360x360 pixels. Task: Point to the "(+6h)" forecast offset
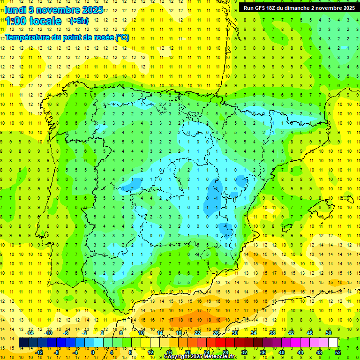tap(78, 21)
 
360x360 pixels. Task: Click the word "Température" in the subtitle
tap(29, 37)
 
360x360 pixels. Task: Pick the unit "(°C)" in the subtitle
tap(122, 37)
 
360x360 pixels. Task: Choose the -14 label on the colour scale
tap(30, 333)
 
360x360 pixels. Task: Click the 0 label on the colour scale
tap(92, 352)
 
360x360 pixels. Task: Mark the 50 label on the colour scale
tap(329, 333)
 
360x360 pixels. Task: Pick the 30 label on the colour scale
tap(235, 333)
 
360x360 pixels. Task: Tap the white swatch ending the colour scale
tap(333, 343)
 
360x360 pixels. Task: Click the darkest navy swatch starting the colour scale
tap(23, 343)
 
